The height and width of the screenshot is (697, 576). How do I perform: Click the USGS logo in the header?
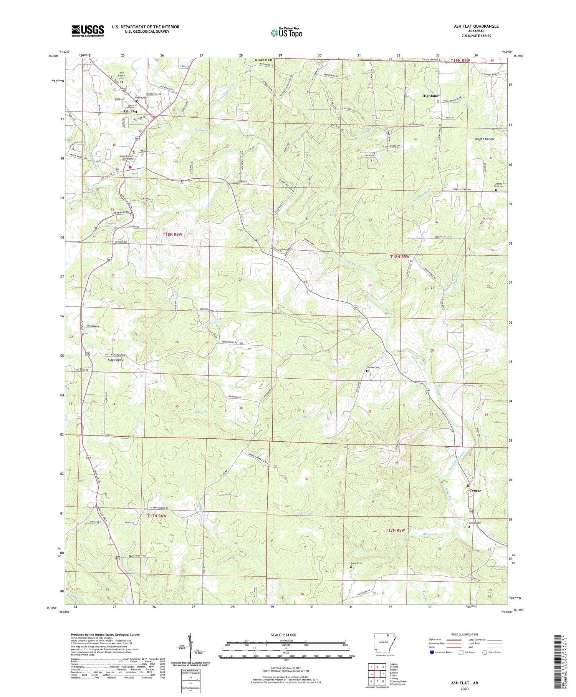88,31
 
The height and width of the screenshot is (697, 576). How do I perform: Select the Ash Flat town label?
130,111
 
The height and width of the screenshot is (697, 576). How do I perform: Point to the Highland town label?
430,96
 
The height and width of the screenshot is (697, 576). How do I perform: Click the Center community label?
475,491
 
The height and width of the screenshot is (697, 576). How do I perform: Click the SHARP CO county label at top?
264,60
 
